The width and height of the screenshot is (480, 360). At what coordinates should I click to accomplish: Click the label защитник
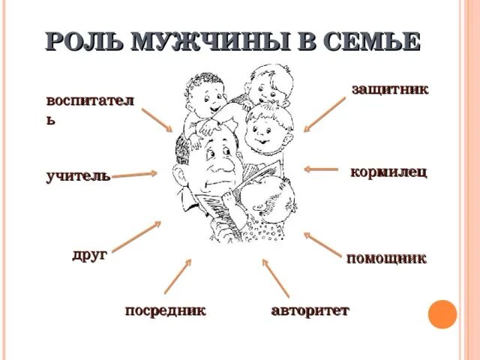click(390, 89)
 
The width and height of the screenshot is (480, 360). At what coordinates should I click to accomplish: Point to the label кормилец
click(388, 172)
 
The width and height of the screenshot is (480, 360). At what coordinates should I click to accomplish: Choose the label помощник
click(386, 259)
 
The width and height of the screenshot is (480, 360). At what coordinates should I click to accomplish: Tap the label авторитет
click(310, 310)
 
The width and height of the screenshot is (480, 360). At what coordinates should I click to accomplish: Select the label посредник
click(165, 310)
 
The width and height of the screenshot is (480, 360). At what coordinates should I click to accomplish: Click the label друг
click(89, 254)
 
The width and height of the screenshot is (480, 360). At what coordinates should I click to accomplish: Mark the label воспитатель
click(89, 109)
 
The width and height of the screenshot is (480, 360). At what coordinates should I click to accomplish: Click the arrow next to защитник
click(324, 115)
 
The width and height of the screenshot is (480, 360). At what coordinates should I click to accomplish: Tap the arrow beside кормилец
click(322, 169)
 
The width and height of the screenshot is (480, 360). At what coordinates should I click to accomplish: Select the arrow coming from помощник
click(322, 245)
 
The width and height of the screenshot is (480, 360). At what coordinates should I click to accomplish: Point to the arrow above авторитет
click(275, 277)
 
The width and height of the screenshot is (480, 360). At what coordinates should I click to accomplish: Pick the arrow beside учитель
click(135, 174)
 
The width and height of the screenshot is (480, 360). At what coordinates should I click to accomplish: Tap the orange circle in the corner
click(442, 314)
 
